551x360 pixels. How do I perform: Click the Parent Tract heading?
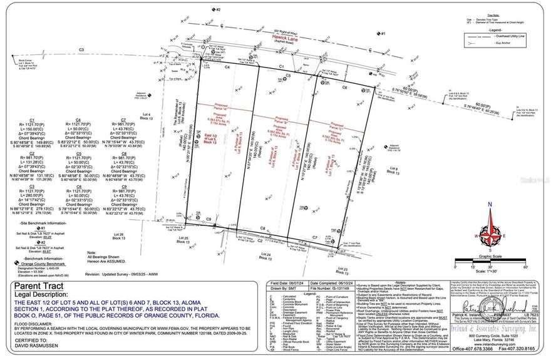(36, 285)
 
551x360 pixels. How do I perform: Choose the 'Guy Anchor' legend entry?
(503, 44)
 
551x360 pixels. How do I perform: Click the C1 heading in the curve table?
(31, 119)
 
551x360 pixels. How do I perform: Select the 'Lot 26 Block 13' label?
(118, 236)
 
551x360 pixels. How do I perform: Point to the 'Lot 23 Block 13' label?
(342, 269)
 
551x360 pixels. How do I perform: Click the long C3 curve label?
(81, 49)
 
